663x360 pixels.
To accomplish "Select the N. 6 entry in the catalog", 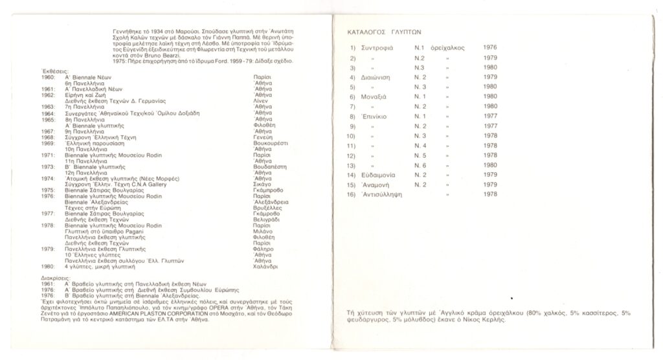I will click(422, 164).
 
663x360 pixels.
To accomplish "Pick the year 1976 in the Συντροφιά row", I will click(491, 48).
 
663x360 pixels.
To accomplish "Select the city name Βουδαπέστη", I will click(267, 166).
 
